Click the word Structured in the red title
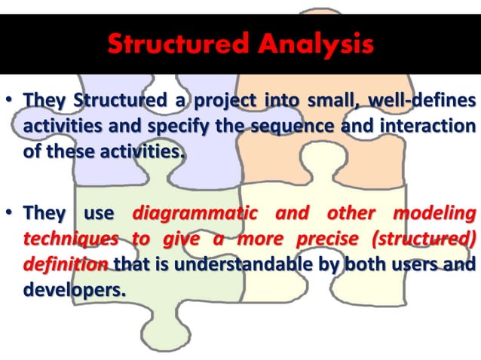pos(178,44)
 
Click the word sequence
pos(287,126)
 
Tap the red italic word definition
pos(66,264)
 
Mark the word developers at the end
pos(73,289)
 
